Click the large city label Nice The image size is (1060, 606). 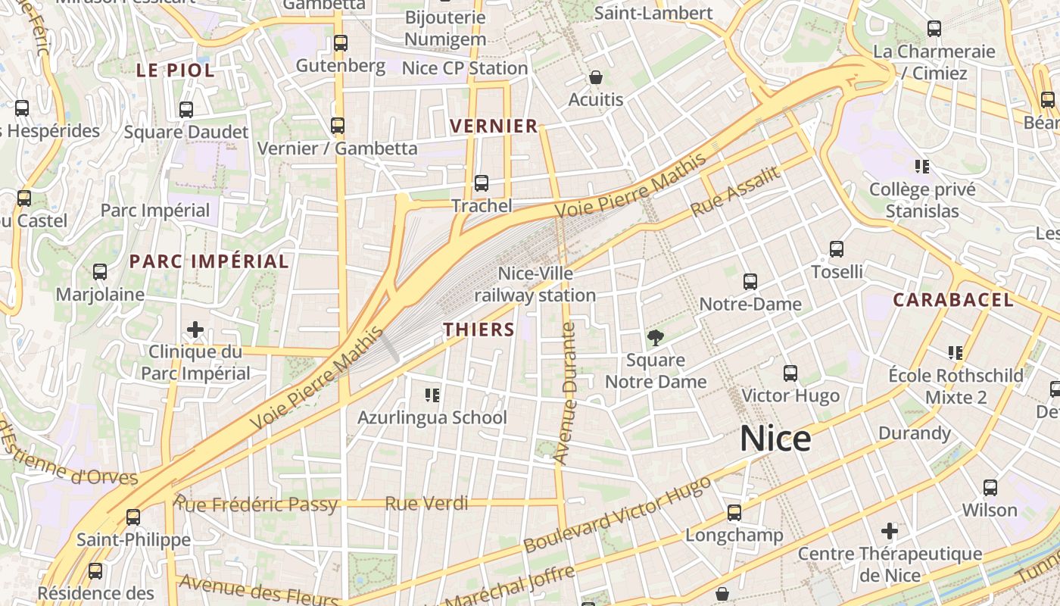[x=775, y=439]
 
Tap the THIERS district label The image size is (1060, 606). [x=479, y=330]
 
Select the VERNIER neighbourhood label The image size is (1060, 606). [x=494, y=127]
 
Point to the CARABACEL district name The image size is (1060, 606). [x=952, y=300]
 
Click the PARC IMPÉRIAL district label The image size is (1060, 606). [x=209, y=262]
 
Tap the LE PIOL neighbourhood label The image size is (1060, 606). [x=175, y=71]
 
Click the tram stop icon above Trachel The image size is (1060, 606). [x=481, y=183]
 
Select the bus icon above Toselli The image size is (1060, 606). [x=837, y=249]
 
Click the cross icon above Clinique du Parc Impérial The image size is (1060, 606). [x=195, y=330]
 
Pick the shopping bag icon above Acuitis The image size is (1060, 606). [x=596, y=77]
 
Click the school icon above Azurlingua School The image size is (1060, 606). [x=432, y=395]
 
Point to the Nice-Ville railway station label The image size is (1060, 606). [x=535, y=284]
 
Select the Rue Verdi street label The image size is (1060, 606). [x=426, y=503]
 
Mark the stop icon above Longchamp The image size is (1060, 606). [x=734, y=513]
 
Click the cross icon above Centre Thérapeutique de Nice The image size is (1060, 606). [x=890, y=531]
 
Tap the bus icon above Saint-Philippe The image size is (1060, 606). [x=133, y=517]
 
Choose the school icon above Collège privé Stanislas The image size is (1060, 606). [x=921, y=167]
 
